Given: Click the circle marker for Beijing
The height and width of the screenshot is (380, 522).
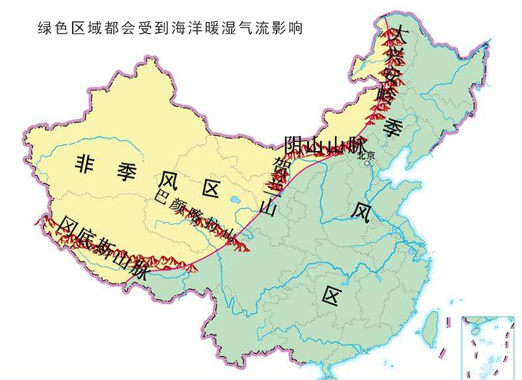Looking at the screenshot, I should [367, 164].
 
